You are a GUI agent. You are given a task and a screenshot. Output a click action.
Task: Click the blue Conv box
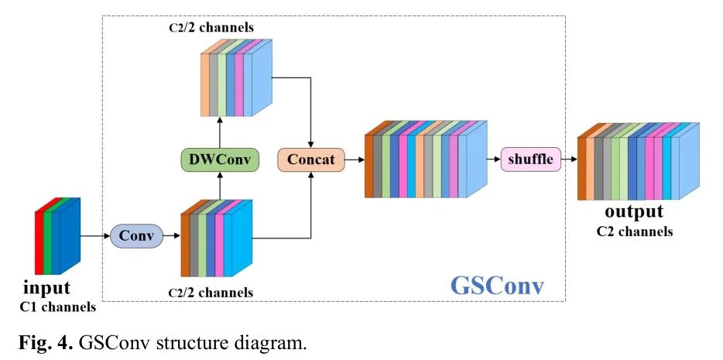click(x=137, y=235)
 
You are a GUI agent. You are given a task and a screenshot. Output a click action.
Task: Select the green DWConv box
click(x=219, y=160)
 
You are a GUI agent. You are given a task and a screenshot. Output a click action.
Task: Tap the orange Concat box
click(x=311, y=160)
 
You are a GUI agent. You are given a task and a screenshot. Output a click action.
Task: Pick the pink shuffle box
click(x=530, y=159)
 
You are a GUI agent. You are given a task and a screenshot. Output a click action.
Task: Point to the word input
click(x=46, y=288)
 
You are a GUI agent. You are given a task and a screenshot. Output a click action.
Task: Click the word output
click(x=634, y=211)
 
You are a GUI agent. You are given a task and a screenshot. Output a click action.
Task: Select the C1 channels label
click(x=58, y=307)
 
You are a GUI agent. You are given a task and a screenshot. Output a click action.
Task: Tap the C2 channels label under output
click(x=634, y=231)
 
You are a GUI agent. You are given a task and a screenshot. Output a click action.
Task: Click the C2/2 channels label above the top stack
click(x=211, y=29)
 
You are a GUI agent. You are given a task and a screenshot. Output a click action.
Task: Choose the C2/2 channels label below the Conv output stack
click(x=211, y=292)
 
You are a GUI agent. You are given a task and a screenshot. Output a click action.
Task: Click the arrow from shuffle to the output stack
click(x=569, y=159)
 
